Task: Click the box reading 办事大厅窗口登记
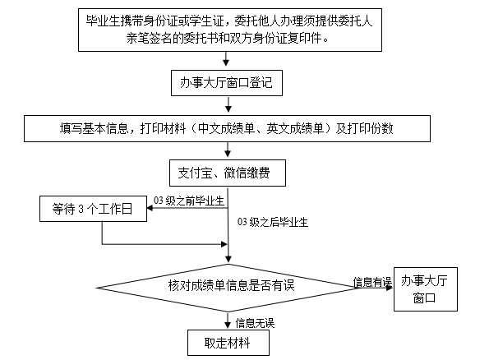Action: pyautogui.click(x=227, y=83)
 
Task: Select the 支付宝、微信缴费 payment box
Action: pyautogui.click(x=228, y=173)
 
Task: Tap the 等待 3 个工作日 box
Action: pyautogui.click(x=93, y=209)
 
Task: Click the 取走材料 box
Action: pyautogui.click(x=228, y=343)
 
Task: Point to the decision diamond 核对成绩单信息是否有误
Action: pyautogui.click(x=228, y=288)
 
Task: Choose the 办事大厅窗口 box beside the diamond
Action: pyautogui.click(x=426, y=289)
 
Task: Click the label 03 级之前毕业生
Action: pyautogui.click(x=189, y=201)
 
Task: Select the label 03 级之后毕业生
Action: pyautogui.click(x=273, y=222)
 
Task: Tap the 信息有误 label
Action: pyautogui.click(x=372, y=282)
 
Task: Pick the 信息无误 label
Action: pyautogui.click(x=255, y=323)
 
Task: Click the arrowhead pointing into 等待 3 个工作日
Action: pyautogui.click(x=150, y=208)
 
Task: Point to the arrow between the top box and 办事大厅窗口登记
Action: pyautogui.click(x=226, y=58)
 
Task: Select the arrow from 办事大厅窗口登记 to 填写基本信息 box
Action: pyautogui.click(x=228, y=104)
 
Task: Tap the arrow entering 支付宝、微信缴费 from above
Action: pyautogui.click(x=228, y=150)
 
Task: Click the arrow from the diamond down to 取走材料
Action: pyautogui.click(x=228, y=320)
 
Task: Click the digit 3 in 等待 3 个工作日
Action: pyautogui.click(x=81, y=209)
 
